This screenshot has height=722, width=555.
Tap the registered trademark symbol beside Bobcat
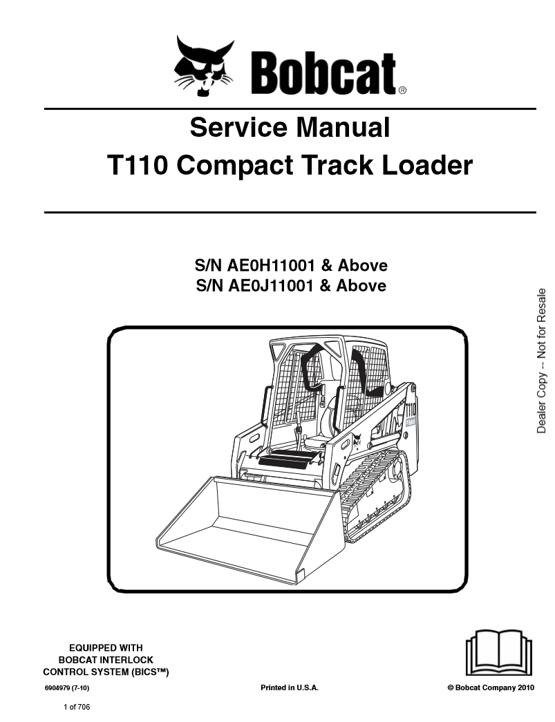pos(402,90)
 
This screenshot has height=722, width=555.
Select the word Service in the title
pos(233,128)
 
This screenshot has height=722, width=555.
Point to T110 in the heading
pos(137,166)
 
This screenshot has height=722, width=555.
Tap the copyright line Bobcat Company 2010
pos(491,688)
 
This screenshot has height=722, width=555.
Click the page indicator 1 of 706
pos(77,707)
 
